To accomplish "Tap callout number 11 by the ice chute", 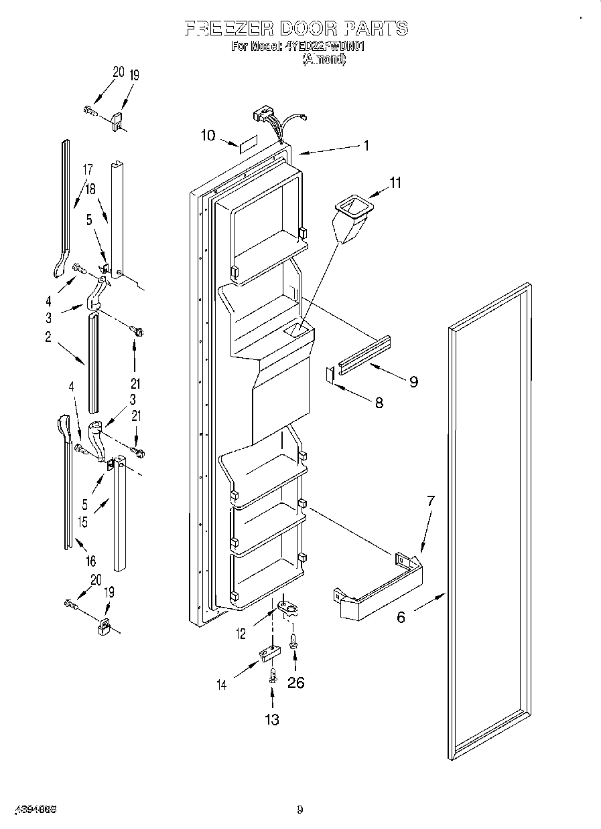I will click(x=396, y=182).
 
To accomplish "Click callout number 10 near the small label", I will click(x=208, y=135).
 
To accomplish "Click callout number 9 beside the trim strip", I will click(x=413, y=381).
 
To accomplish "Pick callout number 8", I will click(x=379, y=403).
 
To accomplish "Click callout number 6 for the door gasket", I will click(x=401, y=616).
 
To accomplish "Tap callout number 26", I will click(x=295, y=682).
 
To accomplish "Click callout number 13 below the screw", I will click(x=272, y=719).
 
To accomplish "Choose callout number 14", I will click(x=222, y=684).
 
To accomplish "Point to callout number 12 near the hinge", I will click(x=241, y=634).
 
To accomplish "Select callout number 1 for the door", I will click(x=366, y=145).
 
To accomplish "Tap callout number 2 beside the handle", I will click(x=48, y=338).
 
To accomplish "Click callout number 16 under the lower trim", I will click(x=90, y=561).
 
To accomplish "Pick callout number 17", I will click(x=87, y=171).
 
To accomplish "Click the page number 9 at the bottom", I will click(x=300, y=809).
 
